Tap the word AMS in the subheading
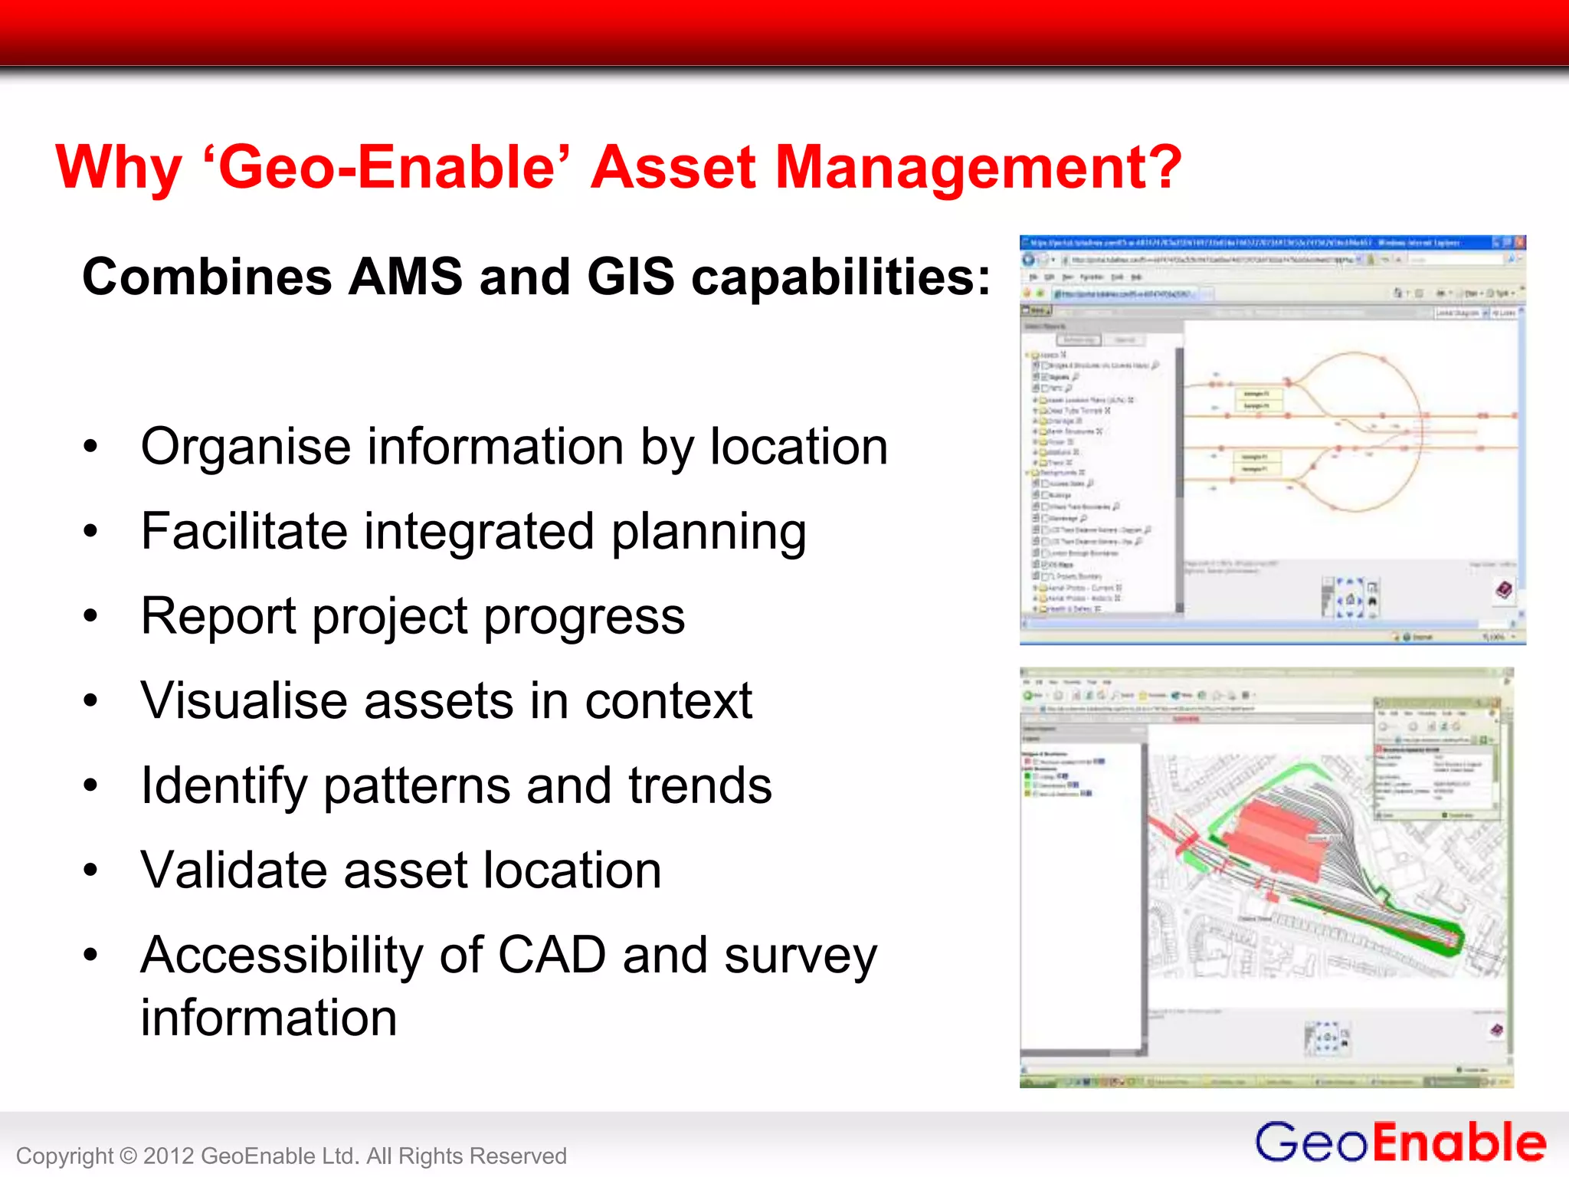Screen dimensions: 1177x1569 point(405,277)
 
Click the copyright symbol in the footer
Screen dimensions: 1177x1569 point(128,1156)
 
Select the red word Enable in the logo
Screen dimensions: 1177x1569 point(1459,1143)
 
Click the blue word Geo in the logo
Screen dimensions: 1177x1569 point(1312,1143)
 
